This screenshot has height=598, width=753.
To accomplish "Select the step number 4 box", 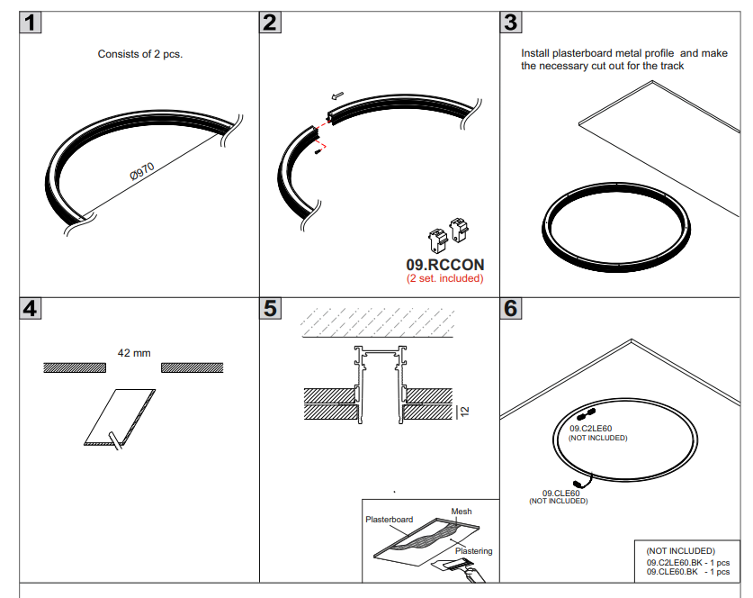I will point(31,308).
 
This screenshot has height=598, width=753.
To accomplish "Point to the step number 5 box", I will point(270,308).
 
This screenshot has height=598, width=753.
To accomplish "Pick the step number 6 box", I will point(510,308).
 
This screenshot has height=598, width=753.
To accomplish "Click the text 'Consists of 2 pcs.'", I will point(140,54).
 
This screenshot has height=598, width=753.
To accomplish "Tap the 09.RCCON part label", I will point(445,265).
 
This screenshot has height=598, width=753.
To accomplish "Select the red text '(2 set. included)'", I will point(444,278).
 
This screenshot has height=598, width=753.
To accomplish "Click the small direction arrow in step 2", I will point(337,95).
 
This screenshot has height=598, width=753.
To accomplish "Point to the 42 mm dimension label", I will point(135,353).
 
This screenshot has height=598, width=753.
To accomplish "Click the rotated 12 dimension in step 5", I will point(464,410).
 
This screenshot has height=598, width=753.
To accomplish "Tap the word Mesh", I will point(462,512).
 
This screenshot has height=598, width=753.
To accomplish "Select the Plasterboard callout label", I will point(390,520).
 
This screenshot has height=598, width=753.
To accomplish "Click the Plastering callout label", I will point(473,550).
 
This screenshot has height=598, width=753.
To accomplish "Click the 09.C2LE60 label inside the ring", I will point(590,429).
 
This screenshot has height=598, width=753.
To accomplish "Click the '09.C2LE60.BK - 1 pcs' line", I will point(687,562).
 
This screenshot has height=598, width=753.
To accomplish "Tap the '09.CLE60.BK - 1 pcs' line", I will point(687,571).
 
